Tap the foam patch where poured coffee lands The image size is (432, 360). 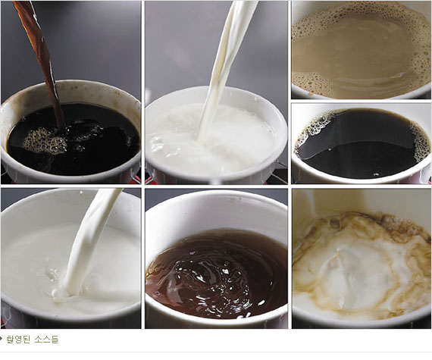point(45,141)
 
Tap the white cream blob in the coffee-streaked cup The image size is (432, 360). point(358,273)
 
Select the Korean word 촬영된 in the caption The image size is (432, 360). point(17,340)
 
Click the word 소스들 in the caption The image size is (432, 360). point(46,340)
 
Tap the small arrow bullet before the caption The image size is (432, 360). point(1,339)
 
